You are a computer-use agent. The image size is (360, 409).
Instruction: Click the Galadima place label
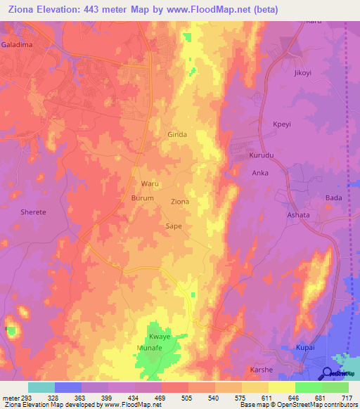click(17, 44)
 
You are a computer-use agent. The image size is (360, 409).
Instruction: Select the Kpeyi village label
click(283, 124)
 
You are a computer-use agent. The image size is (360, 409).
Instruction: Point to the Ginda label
click(177, 134)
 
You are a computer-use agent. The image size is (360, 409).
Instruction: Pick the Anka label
click(261, 171)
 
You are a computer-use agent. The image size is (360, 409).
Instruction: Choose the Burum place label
click(143, 199)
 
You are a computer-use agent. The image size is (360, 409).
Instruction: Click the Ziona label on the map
click(180, 202)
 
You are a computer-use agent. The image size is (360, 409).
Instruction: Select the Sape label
click(174, 226)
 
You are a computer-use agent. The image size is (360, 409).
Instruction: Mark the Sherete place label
click(33, 212)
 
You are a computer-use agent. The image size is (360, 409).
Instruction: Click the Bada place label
click(333, 198)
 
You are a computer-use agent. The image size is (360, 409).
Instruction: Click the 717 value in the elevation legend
click(347, 397)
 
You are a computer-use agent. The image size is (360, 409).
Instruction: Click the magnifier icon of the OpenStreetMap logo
click(328, 373)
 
